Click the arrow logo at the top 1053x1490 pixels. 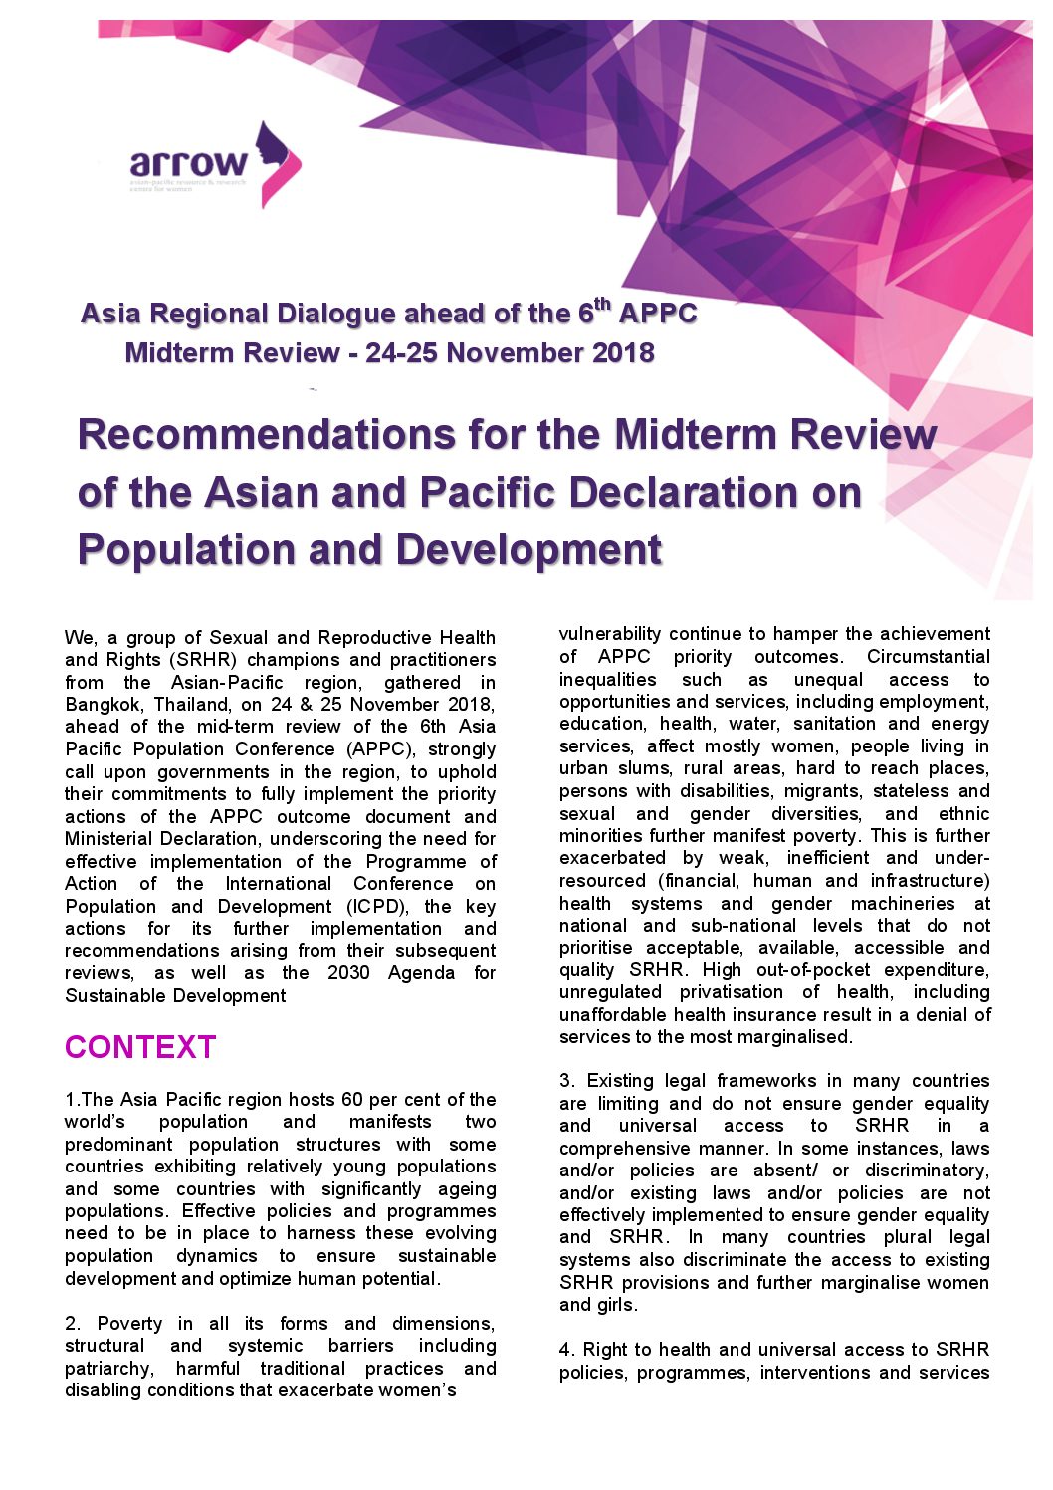point(214,164)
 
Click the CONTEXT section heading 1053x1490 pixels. point(140,1047)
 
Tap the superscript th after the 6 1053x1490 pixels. point(602,304)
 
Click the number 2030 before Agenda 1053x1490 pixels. point(348,973)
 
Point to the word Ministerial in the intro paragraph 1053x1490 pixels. point(110,839)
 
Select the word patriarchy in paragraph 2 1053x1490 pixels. point(109,1369)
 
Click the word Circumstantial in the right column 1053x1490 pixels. point(929,657)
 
